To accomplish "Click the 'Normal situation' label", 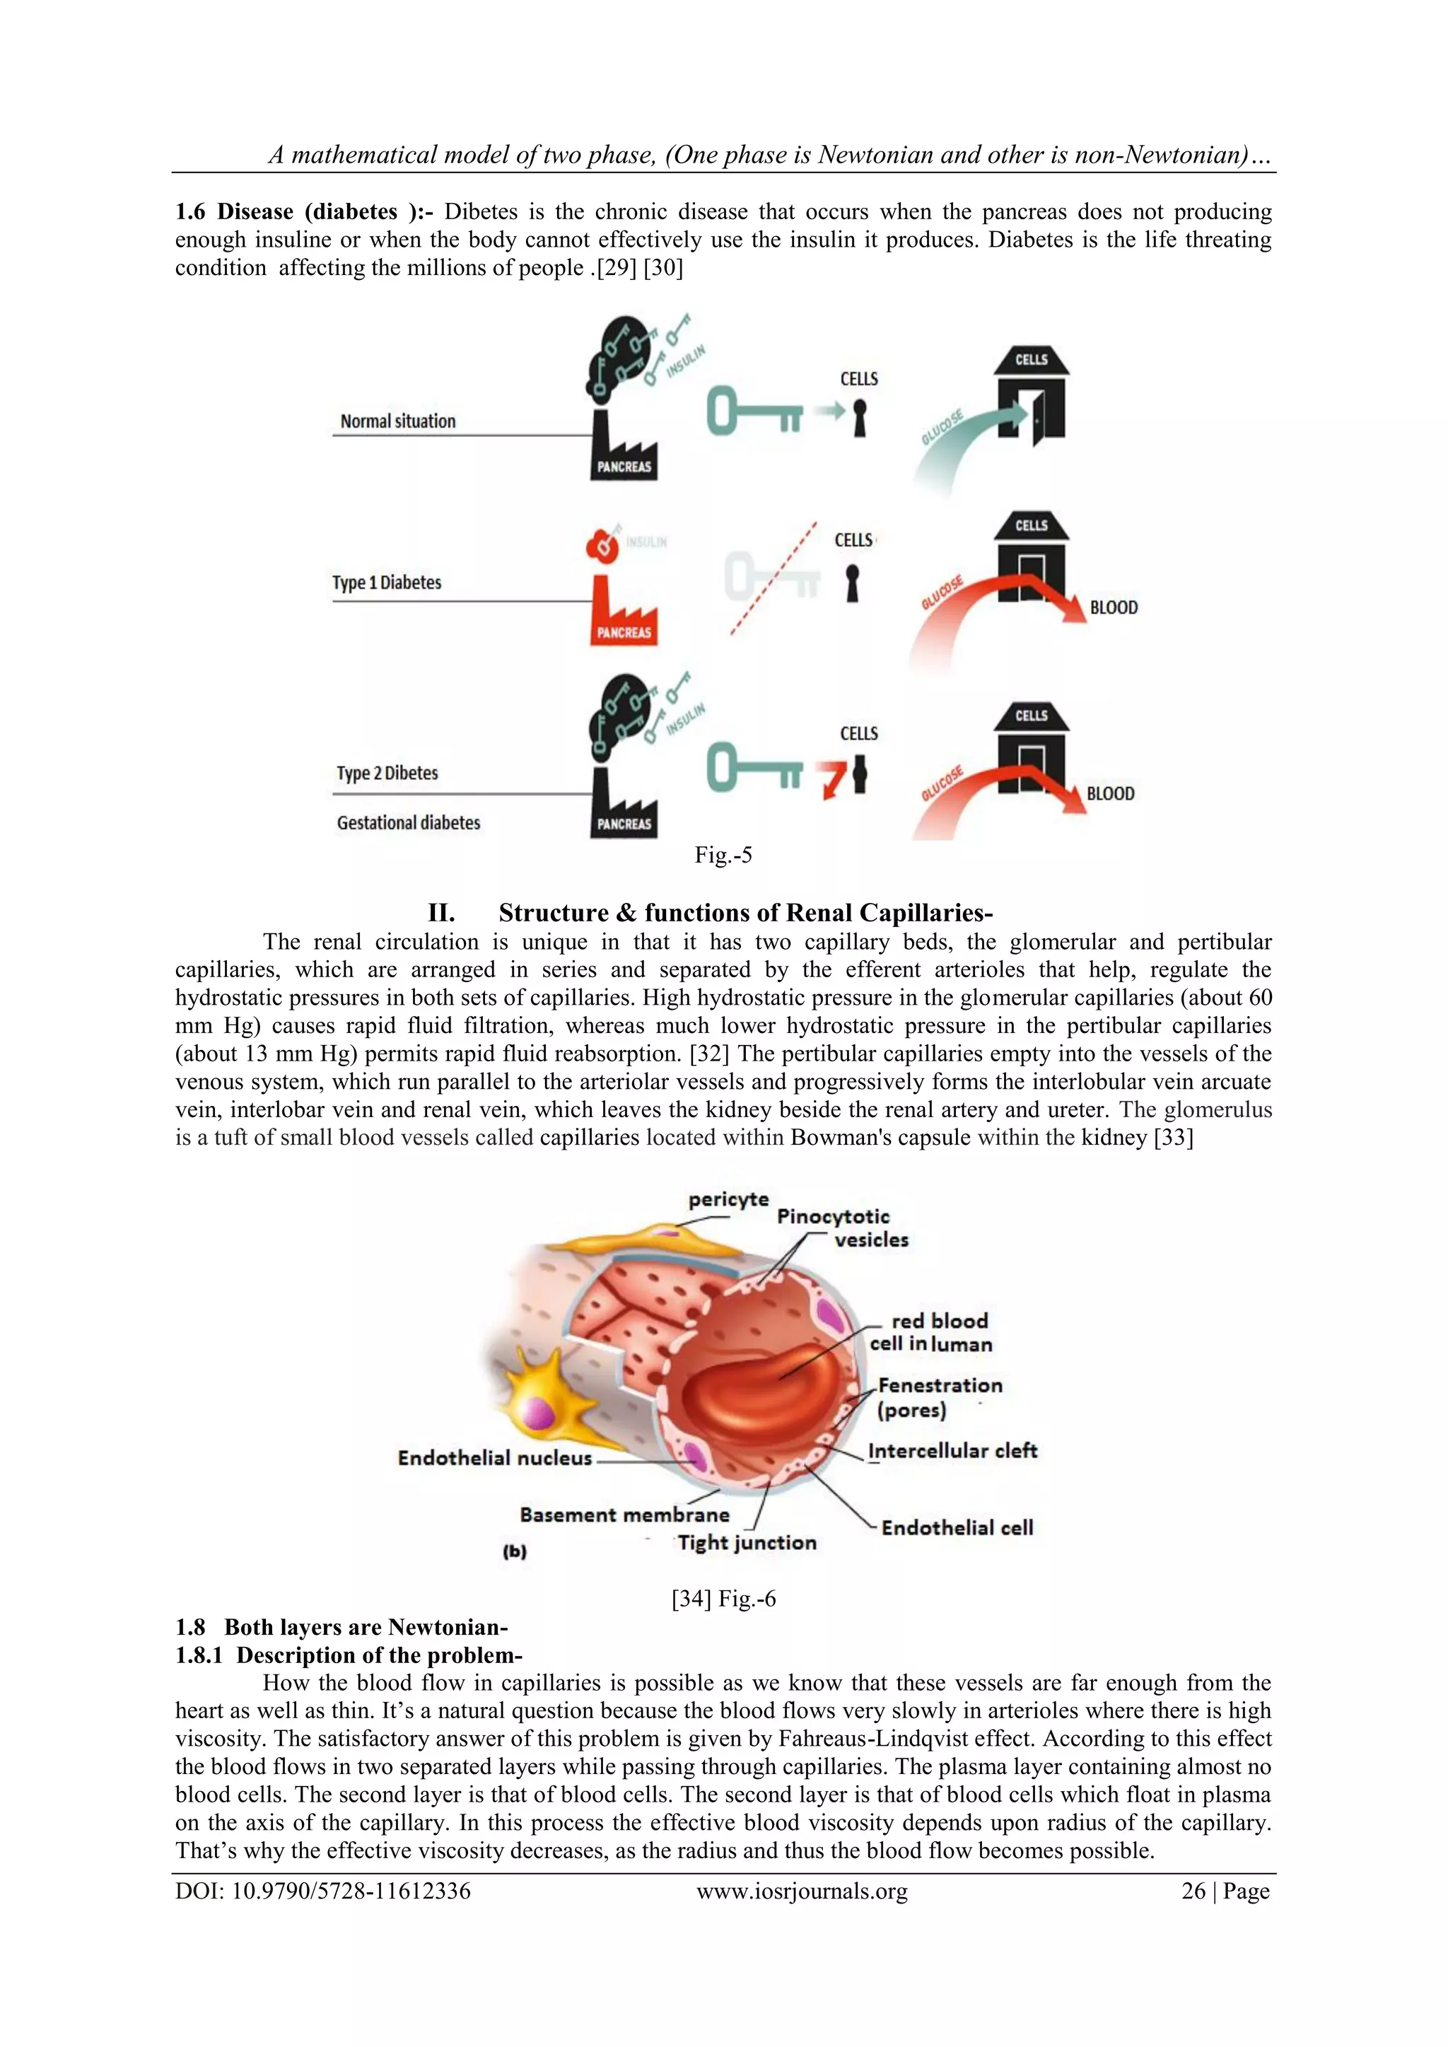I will pyautogui.click(x=397, y=421).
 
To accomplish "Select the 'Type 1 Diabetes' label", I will pyautogui.click(x=386, y=582).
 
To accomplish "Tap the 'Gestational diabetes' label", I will pyautogui.click(x=409, y=822).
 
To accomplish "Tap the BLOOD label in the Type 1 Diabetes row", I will pyautogui.click(x=1114, y=607).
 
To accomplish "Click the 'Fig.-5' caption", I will pyautogui.click(x=723, y=855).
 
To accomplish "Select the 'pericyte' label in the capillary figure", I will pyautogui.click(x=728, y=1199).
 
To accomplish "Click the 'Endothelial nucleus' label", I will pyautogui.click(x=495, y=1458).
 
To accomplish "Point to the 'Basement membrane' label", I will pyautogui.click(x=624, y=1515).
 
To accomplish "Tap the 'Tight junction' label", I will pyautogui.click(x=747, y=1542).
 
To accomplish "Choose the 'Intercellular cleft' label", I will pyautogui.click(x=952, y=1450).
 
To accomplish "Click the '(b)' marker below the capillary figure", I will pyautogui.click(x=515, y=1551).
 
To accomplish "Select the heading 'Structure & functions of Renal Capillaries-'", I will pyautogui.click(x=745, y=913).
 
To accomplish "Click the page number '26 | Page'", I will pyautogui.click(x=1225, y=1891).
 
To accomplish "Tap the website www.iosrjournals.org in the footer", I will pyautogui.click(x=802, y=1891).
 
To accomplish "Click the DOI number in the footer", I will pyautogui.click(x=323, y=1891).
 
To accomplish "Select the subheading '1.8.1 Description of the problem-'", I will pyautogui.click(x=349, y=1655).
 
